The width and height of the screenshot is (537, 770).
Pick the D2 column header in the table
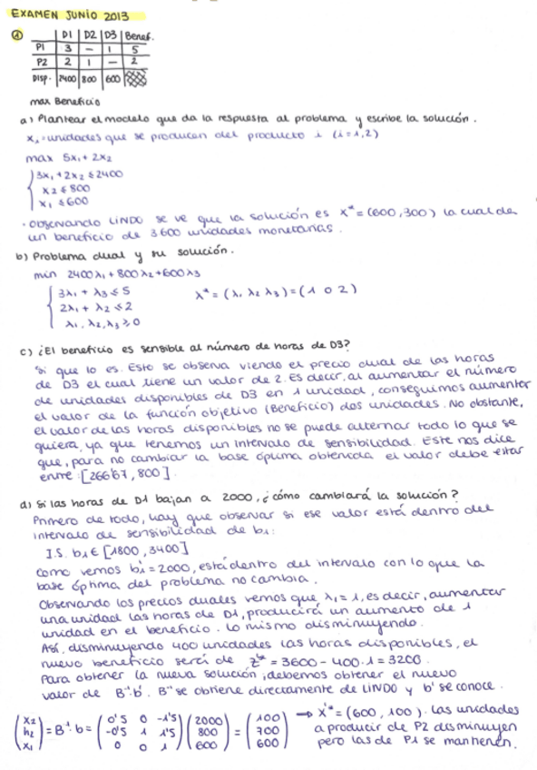88,36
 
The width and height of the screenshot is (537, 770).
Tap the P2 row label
41,62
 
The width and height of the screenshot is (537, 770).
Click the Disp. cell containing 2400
66,78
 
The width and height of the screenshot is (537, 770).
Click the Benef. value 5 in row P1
134,48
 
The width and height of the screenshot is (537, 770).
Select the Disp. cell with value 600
111,78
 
